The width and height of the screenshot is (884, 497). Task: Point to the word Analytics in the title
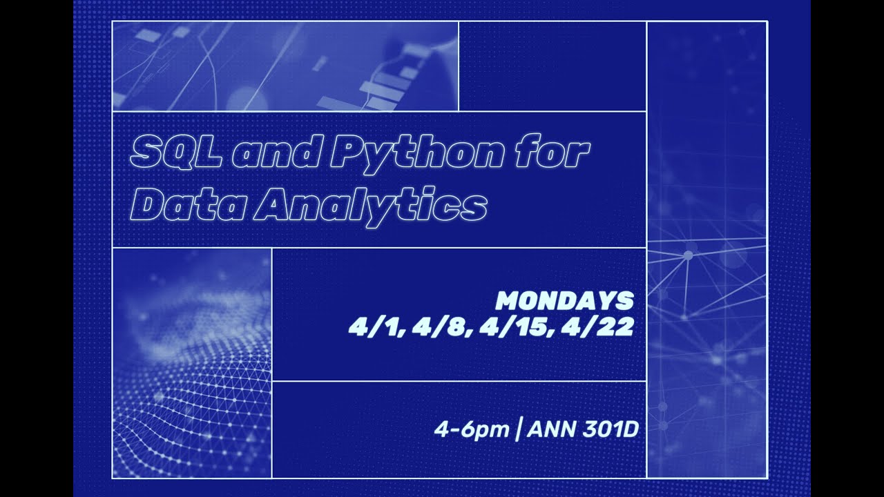pyautogui.click(x=370, y=204)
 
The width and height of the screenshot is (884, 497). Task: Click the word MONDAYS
pyautogui.click(x=565, y=301)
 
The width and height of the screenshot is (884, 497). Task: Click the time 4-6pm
pyautogui.click(x=471, y=429)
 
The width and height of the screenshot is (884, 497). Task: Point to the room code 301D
pyautogui.click(x=611, y=429)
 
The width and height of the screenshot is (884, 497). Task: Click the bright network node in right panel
pyautogui.click(x=688, y=255)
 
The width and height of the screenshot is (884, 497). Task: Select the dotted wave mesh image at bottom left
pyautogui.click(x=192, y=363)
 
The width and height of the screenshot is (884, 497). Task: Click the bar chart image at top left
pyautogui.click(x=285, y=66)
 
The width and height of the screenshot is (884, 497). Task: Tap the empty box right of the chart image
pyautogui.click(x=552, y=66)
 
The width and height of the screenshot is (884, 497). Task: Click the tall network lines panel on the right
pyautogui.click(x=707, y=248)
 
